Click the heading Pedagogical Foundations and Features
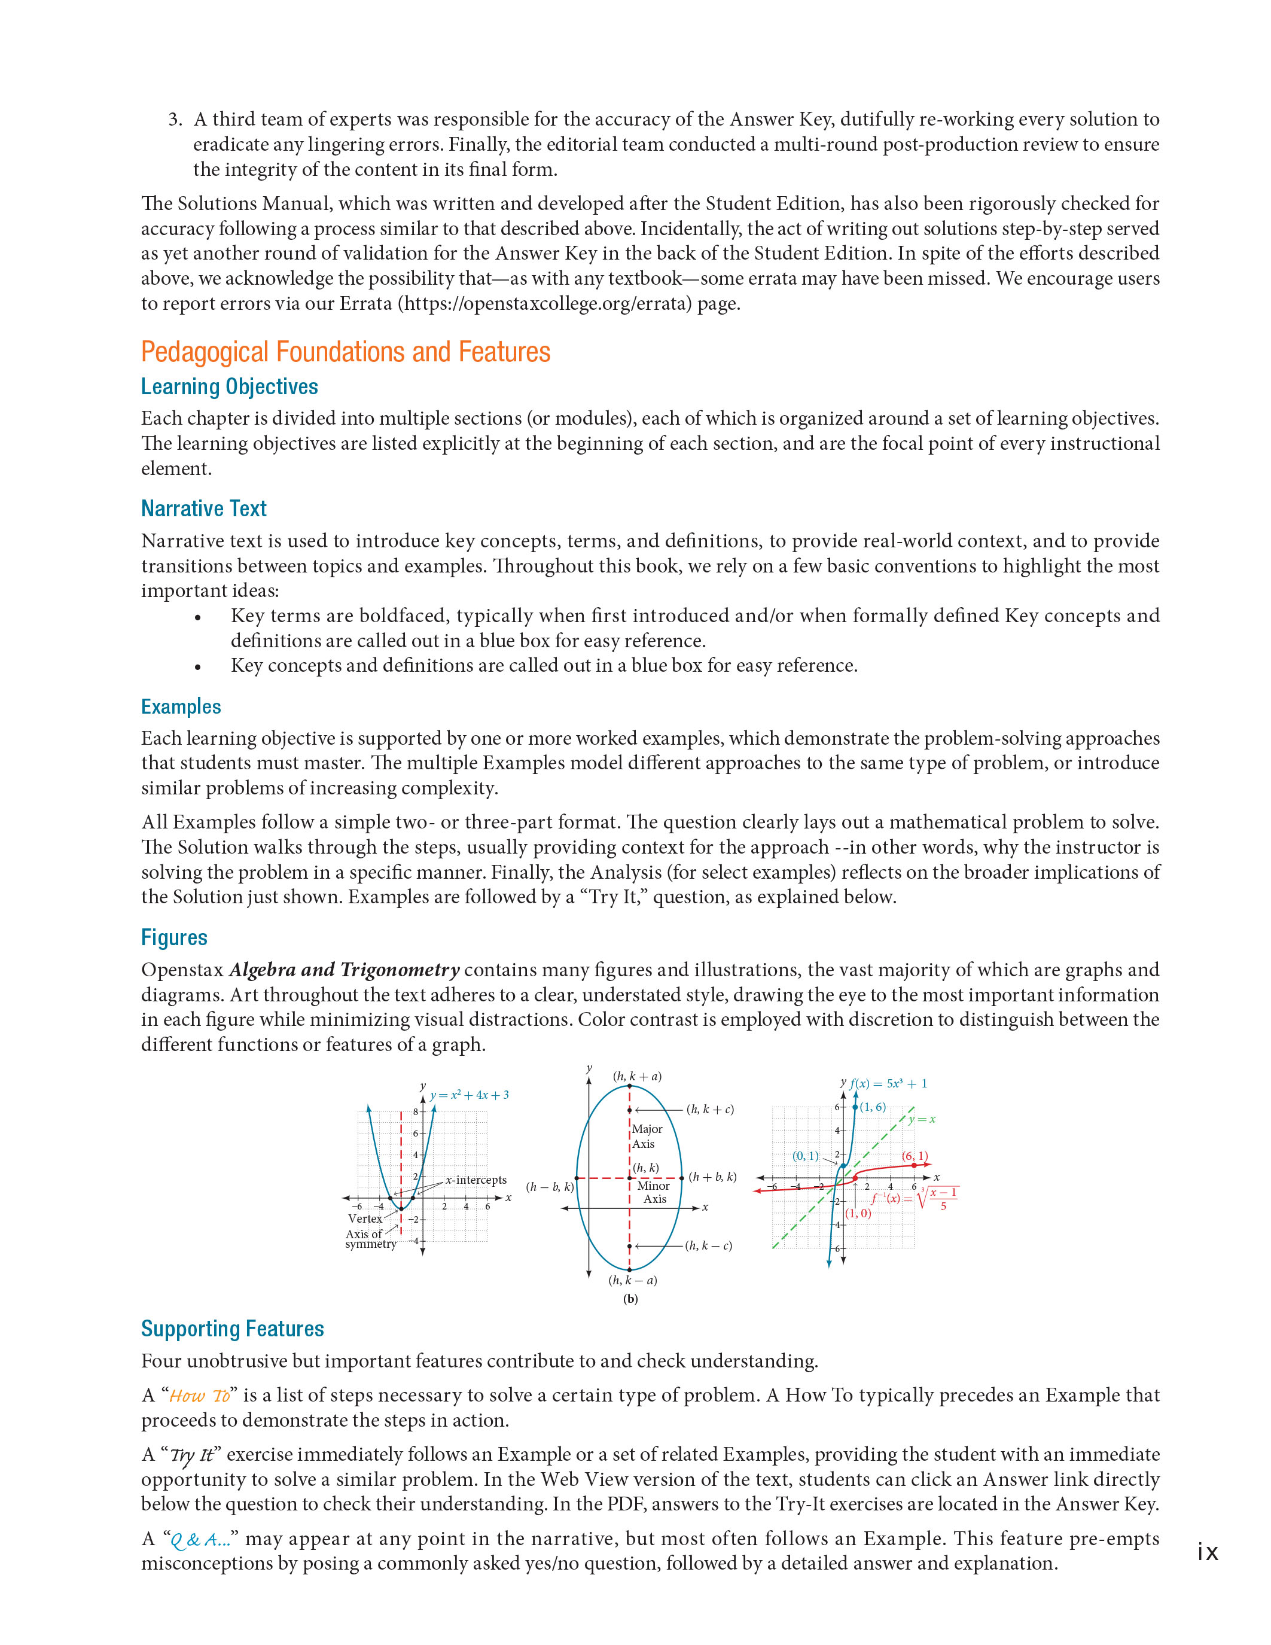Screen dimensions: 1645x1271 point(346,352)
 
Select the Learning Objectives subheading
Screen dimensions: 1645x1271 point(229,387)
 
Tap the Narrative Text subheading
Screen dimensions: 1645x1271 point(203,509)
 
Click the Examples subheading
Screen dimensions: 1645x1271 point(181,706)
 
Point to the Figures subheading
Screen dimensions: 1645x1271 point(174,938)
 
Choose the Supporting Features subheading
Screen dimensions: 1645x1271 point(232,1329)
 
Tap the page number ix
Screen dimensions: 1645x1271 point(1207,1552)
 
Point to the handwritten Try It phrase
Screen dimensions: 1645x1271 point(192,1455)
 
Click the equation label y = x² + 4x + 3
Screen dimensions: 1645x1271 point(469,1095)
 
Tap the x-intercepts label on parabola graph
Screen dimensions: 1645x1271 point(475,1180)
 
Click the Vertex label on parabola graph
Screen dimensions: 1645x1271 point(365,1218)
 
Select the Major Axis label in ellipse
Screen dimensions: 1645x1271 point(646,1136)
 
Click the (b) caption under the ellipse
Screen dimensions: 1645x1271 point(630,1299)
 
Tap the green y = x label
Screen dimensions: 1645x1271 point(922,1119)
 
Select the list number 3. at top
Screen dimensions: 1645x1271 point(175,120)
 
